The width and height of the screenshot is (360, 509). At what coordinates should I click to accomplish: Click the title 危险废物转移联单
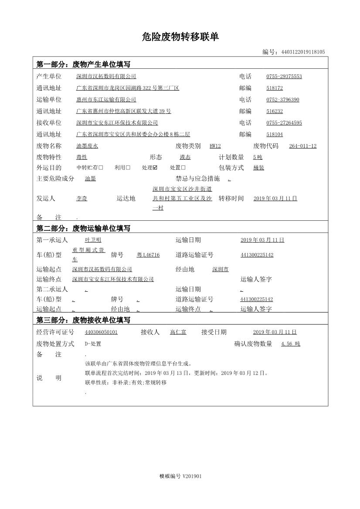(180, 37)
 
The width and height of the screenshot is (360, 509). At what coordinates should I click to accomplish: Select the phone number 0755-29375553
(284, 77)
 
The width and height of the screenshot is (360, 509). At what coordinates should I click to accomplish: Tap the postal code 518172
(275, 88)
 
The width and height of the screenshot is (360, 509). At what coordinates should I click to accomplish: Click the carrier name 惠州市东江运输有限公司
(106, 100)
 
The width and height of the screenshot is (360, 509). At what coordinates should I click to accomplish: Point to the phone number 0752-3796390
(282, 100)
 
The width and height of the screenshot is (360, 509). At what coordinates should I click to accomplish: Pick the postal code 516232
(275, 111)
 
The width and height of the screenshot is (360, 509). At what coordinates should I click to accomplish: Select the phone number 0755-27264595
(284, 123)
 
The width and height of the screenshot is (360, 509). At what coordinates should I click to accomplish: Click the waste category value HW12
(215, 146)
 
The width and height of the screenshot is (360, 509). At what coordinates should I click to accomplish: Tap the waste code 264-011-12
(302, 146)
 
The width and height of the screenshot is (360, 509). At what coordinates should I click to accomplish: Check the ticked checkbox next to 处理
(155, 168)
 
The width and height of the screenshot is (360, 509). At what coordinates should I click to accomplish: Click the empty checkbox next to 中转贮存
(101, 168)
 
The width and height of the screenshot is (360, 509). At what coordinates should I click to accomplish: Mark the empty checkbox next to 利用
(128, 168)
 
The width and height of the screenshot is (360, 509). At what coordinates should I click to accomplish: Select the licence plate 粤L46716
(148, 255)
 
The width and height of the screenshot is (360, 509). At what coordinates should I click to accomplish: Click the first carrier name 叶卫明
(93, 240)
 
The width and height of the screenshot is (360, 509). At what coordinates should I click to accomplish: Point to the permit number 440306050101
(101, 332)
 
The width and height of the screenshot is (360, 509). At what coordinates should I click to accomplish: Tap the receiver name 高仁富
(178, 332)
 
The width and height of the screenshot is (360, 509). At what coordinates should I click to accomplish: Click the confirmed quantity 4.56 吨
(290, 344)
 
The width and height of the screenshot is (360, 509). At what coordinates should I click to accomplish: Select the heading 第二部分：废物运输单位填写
(83, 228)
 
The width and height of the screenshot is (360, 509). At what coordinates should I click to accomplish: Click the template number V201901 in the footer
(192, 476)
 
